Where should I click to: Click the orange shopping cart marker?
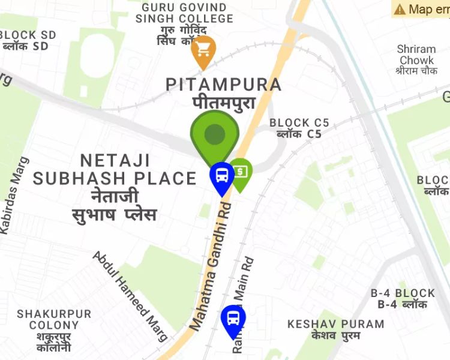203,49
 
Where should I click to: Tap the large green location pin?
214,136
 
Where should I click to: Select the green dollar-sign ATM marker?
240,172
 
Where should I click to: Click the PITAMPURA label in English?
223,85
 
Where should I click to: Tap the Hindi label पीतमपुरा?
224,103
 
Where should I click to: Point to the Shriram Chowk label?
416,55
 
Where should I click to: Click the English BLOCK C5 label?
299,123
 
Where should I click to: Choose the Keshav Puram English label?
335,324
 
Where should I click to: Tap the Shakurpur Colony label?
54,320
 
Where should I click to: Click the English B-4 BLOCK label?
403,293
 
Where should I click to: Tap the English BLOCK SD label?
28,35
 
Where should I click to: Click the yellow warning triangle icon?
399,9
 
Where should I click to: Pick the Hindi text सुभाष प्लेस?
114,214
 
